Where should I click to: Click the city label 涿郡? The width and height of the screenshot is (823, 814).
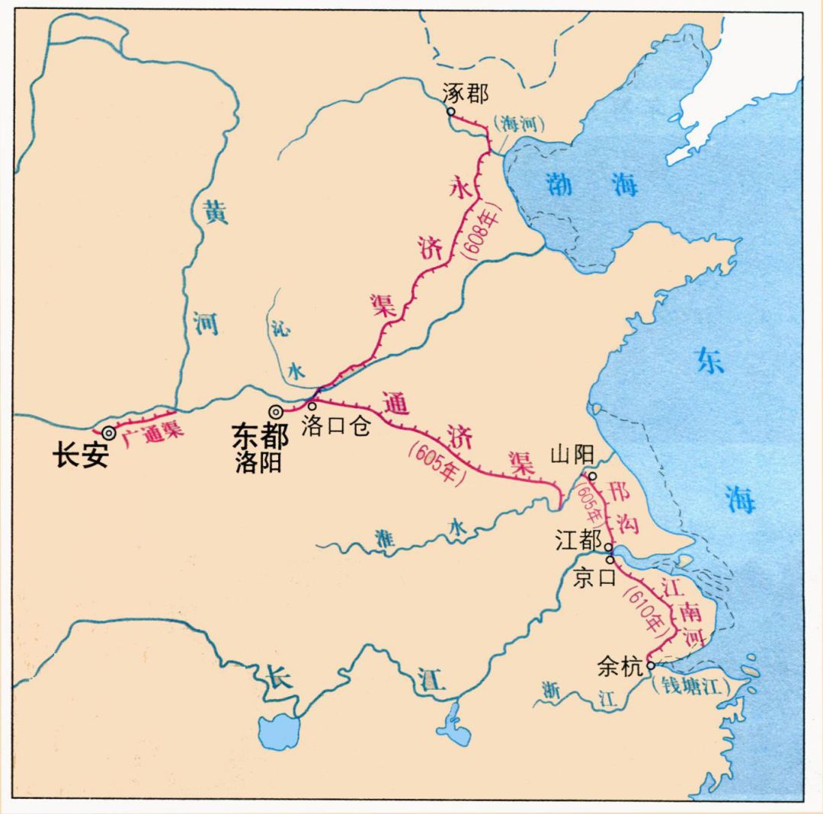point(465,94)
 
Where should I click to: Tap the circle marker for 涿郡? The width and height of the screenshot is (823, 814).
point(451,111)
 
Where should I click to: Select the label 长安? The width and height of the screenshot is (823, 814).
point(80,456)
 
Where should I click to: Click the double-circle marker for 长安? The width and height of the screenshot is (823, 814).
point(110,433)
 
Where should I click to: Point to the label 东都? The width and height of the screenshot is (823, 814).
point(260,436)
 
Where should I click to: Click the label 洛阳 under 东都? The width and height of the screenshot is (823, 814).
point(258,462)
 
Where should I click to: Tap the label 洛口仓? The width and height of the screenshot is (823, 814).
point(335,427)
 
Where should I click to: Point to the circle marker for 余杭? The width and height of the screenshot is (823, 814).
point(650,665)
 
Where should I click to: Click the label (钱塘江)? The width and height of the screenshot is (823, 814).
point(691,685)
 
